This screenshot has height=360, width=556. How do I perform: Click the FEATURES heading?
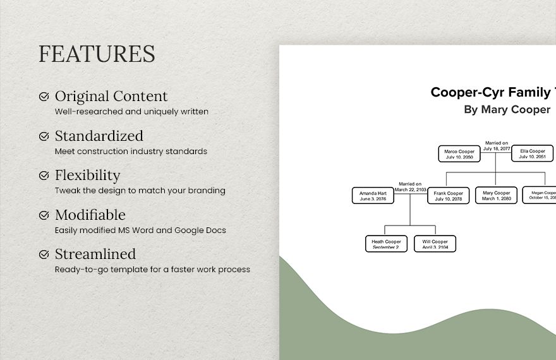pos(97,54)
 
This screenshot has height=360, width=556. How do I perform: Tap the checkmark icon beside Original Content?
pos(44,97)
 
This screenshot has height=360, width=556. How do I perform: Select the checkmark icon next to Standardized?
pos(44,136)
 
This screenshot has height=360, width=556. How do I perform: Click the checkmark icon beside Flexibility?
pos(44,176)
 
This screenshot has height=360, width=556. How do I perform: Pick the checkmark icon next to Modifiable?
pos(44,215)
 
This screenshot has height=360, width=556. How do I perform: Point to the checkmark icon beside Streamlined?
pos(44,255)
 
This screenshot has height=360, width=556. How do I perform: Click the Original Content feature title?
pos(111,97)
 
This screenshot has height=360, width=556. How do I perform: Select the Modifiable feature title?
pos(90,215)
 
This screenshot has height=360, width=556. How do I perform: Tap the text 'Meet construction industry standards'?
pos(131,151)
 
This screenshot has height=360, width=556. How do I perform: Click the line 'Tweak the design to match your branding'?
pos(140,190)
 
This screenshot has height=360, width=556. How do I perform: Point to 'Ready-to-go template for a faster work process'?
pos(152,269)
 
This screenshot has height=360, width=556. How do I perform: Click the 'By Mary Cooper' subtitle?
pos(507,109)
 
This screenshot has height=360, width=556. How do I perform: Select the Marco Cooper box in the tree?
pos(459,153)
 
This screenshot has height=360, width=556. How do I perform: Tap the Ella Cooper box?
pos(533,153)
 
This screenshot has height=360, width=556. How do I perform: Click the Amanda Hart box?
pos(373,195)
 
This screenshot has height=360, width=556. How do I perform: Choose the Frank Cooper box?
pos(449,195)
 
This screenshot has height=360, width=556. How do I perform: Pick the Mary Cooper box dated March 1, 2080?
pos(497,195)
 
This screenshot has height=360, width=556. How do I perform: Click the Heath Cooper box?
pos(386,244)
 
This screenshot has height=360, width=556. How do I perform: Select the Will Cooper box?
pos(435,244)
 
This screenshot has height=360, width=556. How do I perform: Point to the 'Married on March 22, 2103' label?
pos(411,186)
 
